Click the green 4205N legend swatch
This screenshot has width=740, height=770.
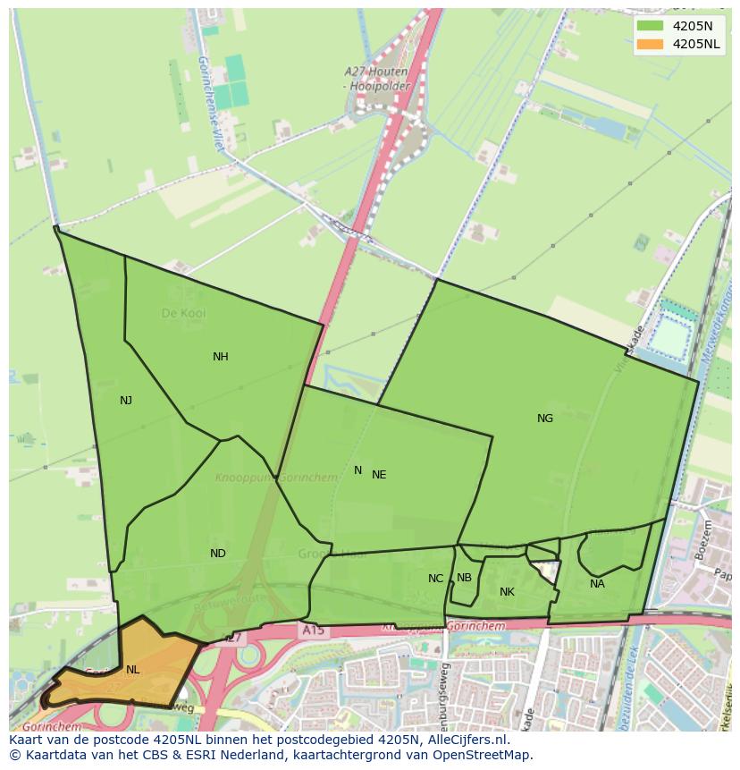[650, 26]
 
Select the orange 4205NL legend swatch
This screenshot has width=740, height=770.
[650, 44]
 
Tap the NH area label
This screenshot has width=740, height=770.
[221, 357]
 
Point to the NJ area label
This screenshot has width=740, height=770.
[126, 401]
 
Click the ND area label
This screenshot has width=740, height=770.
[218, 554]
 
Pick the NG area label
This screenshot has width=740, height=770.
[545, 419]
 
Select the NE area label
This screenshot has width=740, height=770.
[379, 475]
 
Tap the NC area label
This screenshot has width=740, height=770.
[435, 579]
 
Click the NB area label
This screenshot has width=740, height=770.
[464, 578]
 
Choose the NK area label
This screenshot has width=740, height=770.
[507, 592]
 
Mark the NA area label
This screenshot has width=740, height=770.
[597, 584]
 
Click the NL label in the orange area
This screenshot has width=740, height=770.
[132, 670]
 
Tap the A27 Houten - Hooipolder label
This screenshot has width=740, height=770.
[376, 78]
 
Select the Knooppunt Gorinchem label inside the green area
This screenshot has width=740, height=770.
[276, 478]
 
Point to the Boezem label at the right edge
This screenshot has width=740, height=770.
[699, 540]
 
